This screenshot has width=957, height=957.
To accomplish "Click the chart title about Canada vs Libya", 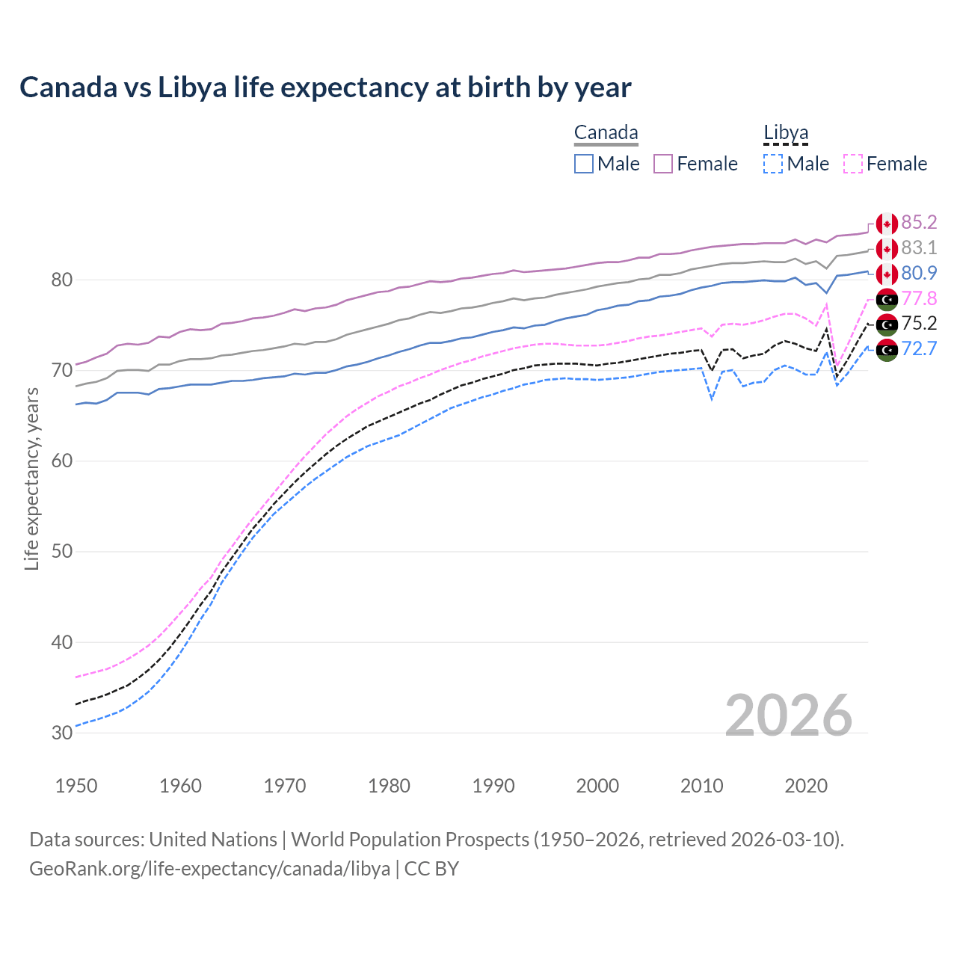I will [325, 87].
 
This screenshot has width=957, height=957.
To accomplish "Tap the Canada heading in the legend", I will [606, 133].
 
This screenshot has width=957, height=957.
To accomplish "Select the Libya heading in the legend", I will [786, 133].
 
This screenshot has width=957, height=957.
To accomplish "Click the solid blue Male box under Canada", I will [584, 164].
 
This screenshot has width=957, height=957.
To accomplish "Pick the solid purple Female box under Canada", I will [663, 164].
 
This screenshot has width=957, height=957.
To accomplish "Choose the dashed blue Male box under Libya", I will [773, 164].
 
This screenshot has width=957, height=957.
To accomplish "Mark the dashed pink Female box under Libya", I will [853, 164].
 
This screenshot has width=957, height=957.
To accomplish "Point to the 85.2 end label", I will [919, 222].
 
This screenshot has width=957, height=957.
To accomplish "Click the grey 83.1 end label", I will [919, 247].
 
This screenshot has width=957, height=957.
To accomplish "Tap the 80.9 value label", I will [919, 273].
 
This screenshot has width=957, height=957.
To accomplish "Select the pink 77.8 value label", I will [919, 298].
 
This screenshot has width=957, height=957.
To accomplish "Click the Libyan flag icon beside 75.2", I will [887, 324].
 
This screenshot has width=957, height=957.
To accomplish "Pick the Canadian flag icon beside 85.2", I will [887, 224].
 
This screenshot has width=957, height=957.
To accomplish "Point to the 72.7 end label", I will [919, 348].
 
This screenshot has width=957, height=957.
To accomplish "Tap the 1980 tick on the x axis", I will [389, 786].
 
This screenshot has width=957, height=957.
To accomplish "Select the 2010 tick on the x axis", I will [701, 786].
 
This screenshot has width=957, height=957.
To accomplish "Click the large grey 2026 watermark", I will [789, 716].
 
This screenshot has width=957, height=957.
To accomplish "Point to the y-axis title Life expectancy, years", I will [32, 478].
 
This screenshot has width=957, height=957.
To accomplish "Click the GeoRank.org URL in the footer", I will [209, 869].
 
